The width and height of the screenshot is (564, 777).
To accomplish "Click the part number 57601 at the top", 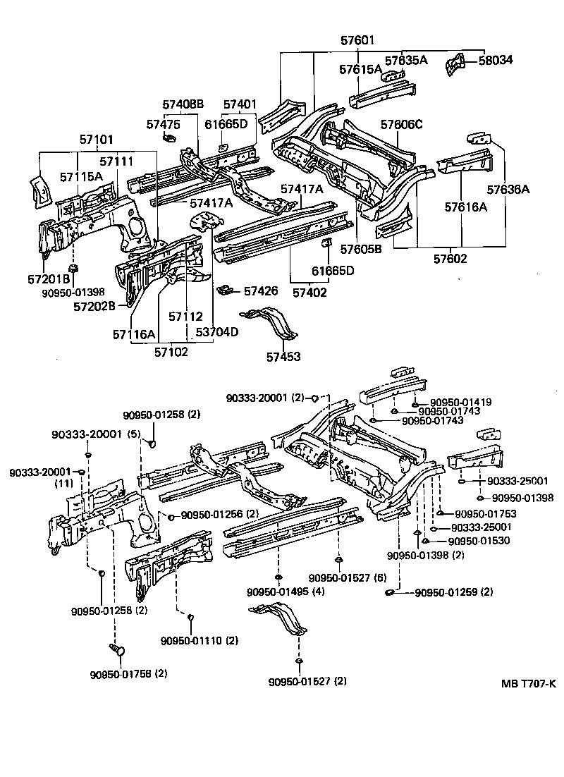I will pyautogui.click(x=360, y=41).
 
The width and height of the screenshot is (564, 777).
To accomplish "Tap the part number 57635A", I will pyautogui.click(x=405, y=61).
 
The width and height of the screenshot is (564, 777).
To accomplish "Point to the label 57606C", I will pyautogui.click(x=401, y=124).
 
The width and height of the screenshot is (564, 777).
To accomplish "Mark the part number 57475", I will pyautogui.click(x=164, y=124).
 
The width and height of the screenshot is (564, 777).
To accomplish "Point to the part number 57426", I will pyautogui.click(x=261, y=290).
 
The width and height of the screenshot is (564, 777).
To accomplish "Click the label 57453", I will pyautogui.click(x=283, y=357).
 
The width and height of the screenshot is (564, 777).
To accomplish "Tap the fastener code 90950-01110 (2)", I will pyautogui.click(x=200, y=640).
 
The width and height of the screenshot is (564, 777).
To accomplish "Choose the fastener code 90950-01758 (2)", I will pyautogui.click(x=128, y=673).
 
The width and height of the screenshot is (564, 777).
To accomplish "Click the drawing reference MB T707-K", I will pyautogui.click(x=529, y=683).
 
